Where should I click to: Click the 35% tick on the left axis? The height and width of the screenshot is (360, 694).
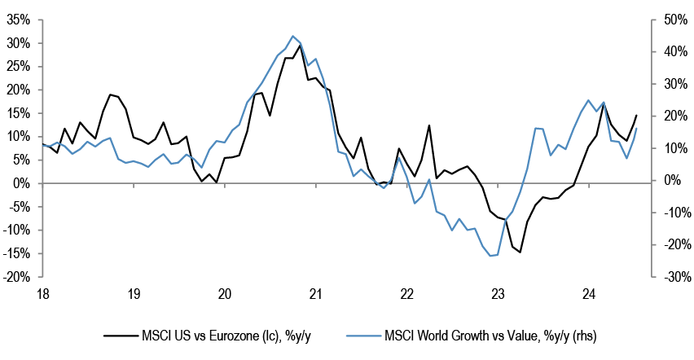pyautogui.click(x=19, y=20)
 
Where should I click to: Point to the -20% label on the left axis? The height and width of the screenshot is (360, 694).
pyautogui.click(x=17, y=278)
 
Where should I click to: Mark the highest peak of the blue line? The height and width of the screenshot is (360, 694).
pyautogui.click(x=292, y=36)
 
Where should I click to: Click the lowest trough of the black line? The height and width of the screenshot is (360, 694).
pyautogui.click(x=520, y=252)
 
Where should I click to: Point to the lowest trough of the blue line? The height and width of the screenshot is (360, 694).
pyautogui.click(x=491, y=256)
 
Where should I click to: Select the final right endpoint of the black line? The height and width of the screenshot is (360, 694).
pyautogui.click(x=636, y=116)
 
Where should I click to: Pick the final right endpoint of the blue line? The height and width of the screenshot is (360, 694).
pyautogui.click(x=636, y=129)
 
